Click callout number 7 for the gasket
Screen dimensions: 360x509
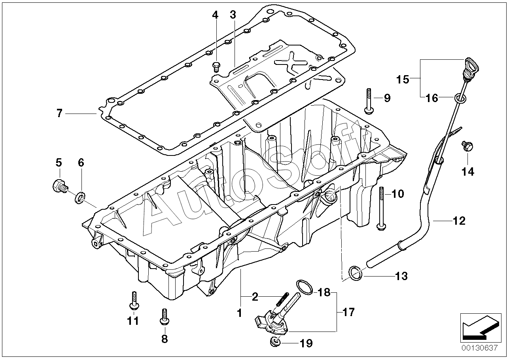(59, 114)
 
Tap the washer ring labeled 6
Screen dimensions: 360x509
(79, 196)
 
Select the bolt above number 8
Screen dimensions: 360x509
(164, 316)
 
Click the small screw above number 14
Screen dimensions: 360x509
(467, 146)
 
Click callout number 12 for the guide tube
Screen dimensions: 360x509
(460, 220)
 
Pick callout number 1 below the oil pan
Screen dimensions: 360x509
(239, 313)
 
